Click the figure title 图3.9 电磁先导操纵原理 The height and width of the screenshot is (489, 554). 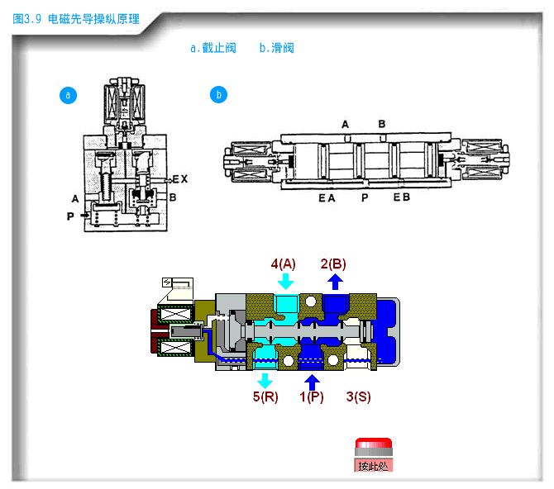(x=76, y=19)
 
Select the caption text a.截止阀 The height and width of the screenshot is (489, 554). (x=213, y=48)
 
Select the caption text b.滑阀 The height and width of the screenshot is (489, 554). (x=276, y=48)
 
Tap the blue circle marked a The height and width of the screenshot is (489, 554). (x=68, y=95)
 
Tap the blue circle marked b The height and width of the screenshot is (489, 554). (x=218, y=95)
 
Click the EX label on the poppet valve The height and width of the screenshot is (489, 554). (x=180, y=179)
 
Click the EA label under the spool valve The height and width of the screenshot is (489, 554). (x=327, y=198)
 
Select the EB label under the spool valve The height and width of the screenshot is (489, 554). (x=402, y=197)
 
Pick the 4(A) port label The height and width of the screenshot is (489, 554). (x=284, y=263)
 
